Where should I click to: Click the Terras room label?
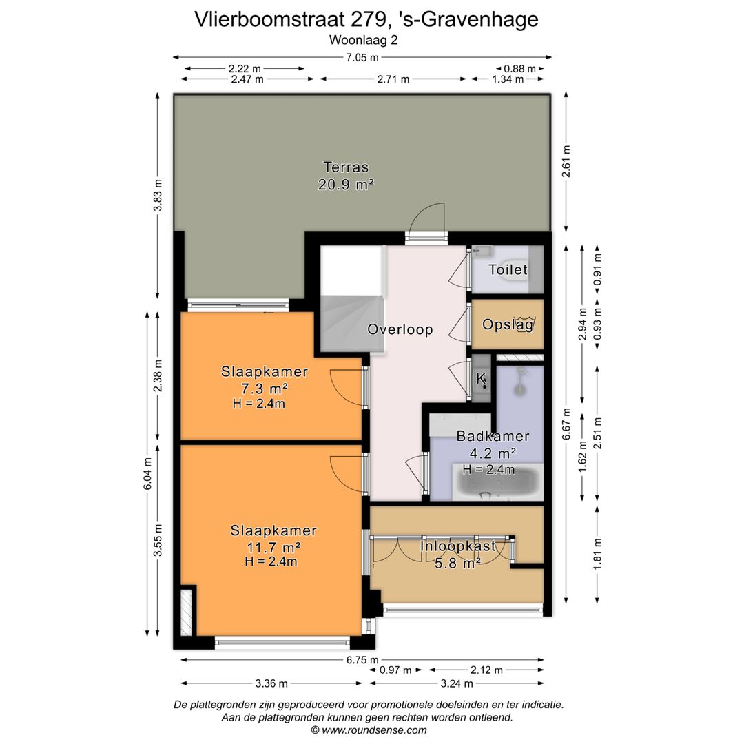point(346,167)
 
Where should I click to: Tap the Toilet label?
point(508,269)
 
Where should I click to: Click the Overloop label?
point(400,329)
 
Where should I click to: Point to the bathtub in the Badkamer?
point(497,482)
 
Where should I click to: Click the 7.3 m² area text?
point(264,388)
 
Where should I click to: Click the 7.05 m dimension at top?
point(362,57)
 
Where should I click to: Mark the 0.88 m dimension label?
point(520,68)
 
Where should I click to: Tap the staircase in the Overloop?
point(351,303)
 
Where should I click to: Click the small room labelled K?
point(482,378)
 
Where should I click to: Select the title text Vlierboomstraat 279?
point(366,19)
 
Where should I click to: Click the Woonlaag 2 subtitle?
point(363,39)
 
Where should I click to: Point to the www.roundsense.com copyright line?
point(369,730)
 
